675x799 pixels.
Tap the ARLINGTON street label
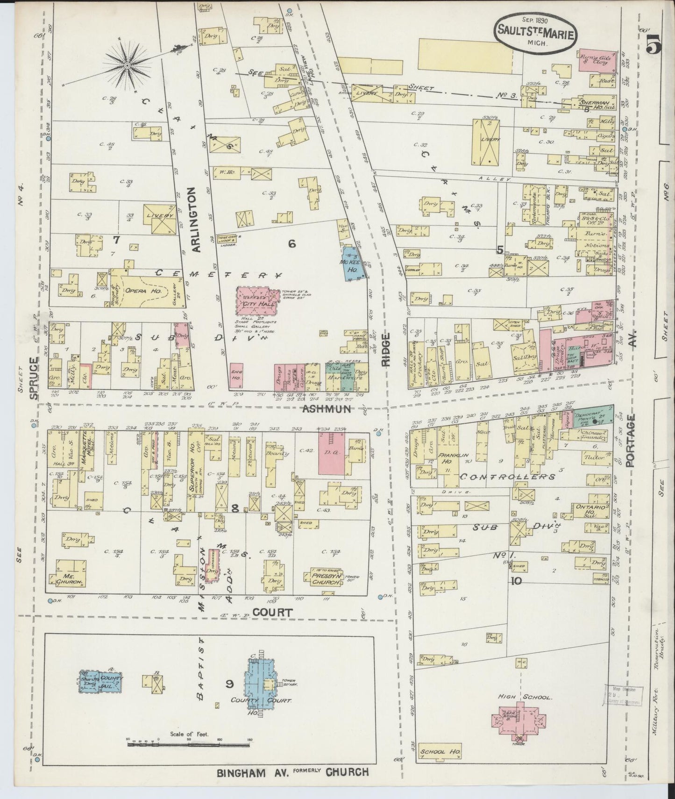coord(195,220)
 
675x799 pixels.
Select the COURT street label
coord(272,612)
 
